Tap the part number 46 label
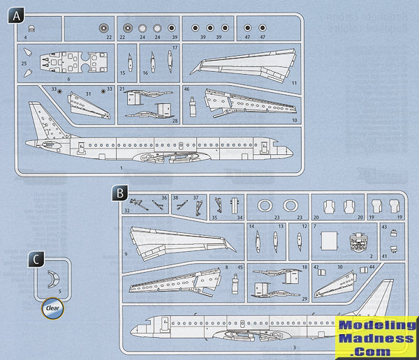pos(187,90)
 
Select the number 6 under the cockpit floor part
pos(68,80)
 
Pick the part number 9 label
pos(126,255)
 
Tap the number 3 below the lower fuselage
pos(274,347)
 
